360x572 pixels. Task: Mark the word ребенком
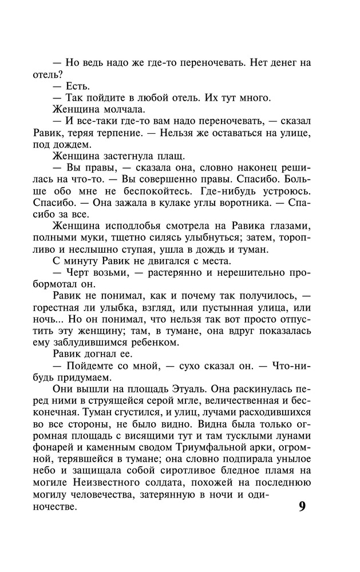(156, 343)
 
